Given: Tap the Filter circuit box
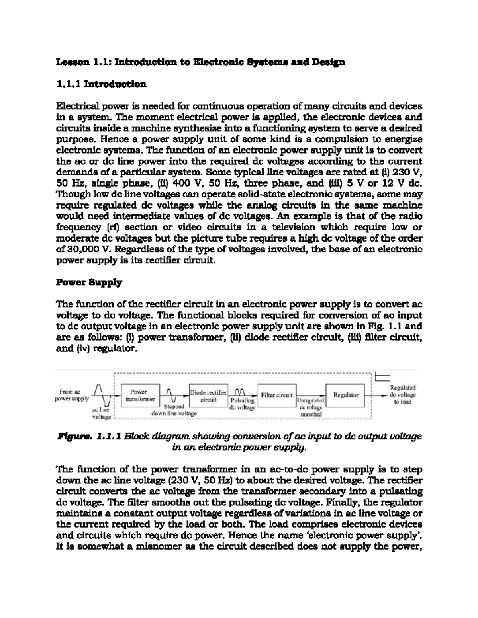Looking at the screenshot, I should (x=276, y=395).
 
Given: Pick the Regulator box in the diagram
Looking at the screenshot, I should (x=345, y=395).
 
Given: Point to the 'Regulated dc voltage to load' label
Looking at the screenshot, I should (x=402, y=394).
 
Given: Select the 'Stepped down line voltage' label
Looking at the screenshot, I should (x=174, y=410).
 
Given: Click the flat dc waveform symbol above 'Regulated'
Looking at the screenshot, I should (x=383, y=378).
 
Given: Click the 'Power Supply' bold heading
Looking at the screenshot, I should (x=89, y=283).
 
